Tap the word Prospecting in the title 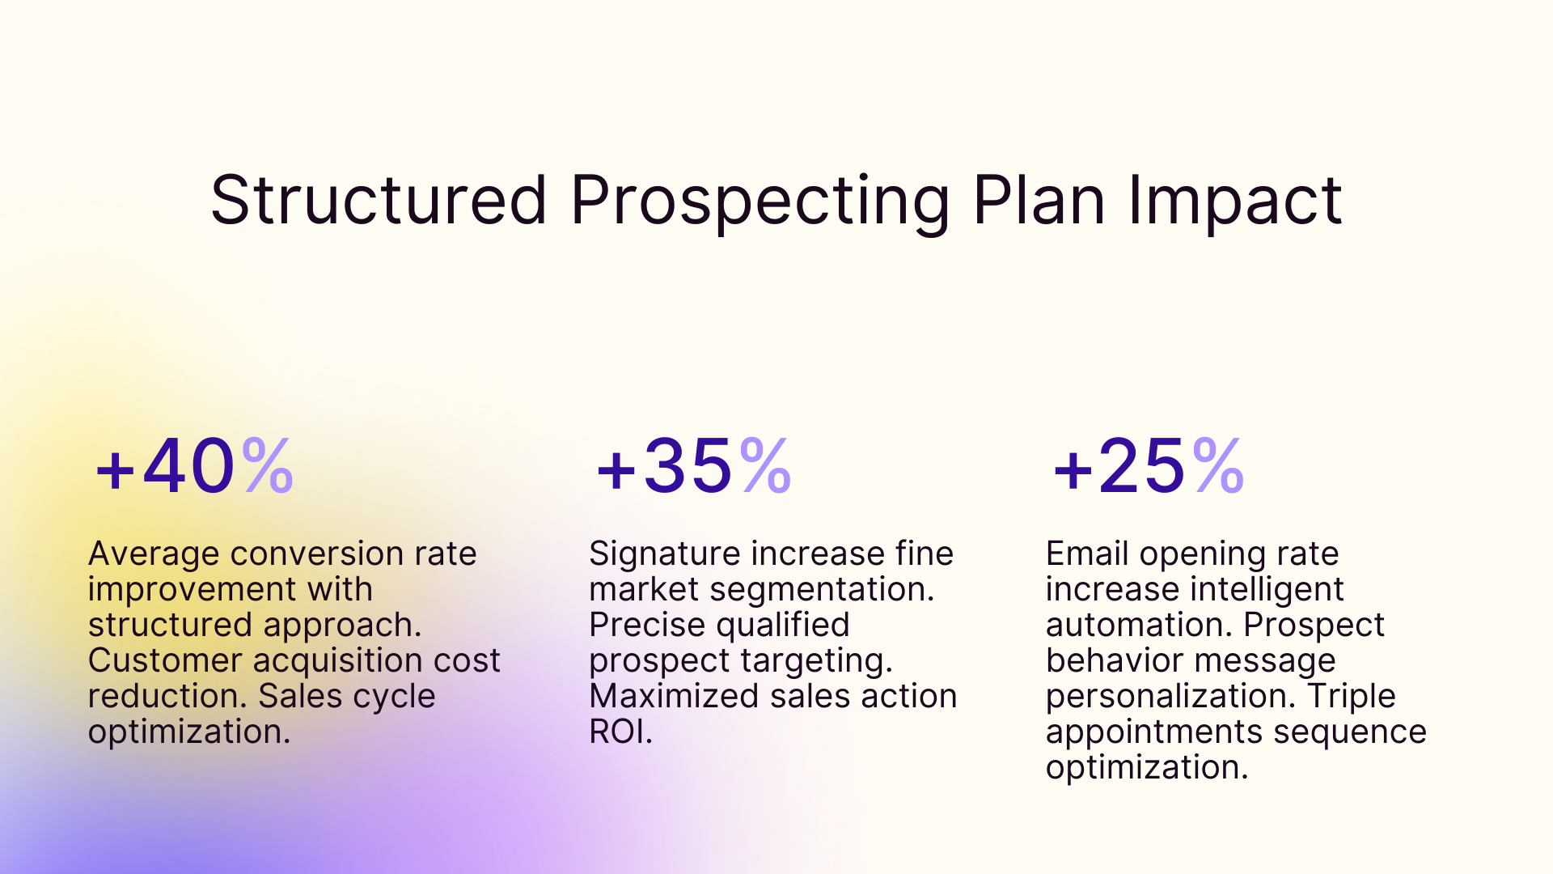(x=760, y=202)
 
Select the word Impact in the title (x=1235, y=202)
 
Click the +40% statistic (x=194, y=466)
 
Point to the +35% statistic (x=693, y=466)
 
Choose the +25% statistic (x=1148, y=466)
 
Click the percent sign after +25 (x=1217, y=466)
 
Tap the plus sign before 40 (x=115, y=470)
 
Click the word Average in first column (x=154, y=554)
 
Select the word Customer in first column (x=165, y=661)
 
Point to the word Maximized (x=674, y=697)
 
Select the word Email (x=1086, y=554)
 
